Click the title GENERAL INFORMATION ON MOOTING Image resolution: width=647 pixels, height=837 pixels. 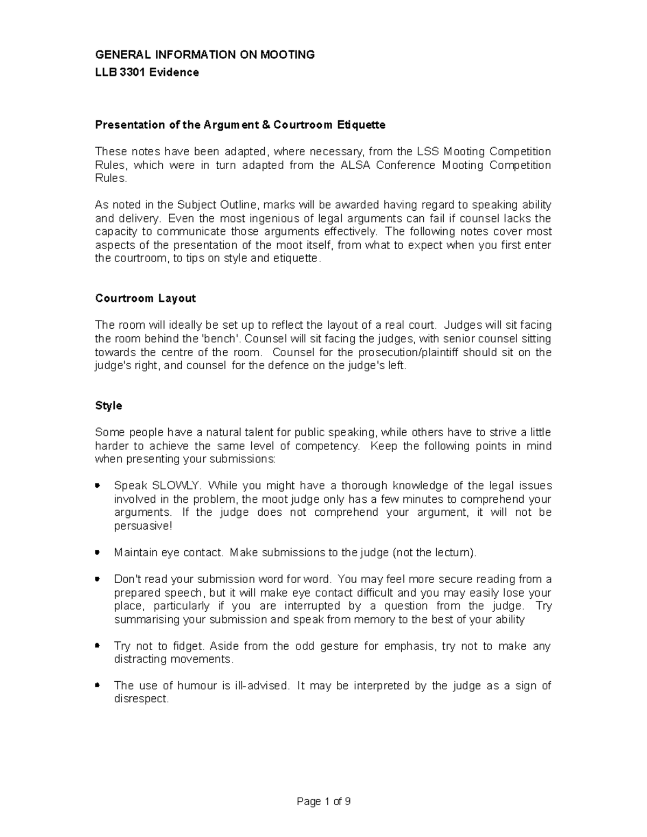204,54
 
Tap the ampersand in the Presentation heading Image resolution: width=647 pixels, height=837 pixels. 266,125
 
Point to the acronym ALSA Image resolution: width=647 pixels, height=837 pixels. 355,165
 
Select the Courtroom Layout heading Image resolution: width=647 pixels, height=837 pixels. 145,299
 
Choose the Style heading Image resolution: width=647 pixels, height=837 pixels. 108,406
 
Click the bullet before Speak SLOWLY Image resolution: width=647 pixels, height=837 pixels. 98,486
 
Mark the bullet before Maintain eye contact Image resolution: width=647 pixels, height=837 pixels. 98,552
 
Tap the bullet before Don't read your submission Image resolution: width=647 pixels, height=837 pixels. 98,579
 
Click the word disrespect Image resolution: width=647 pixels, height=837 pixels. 141,700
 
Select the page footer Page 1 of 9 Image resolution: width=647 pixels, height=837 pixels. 323,801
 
